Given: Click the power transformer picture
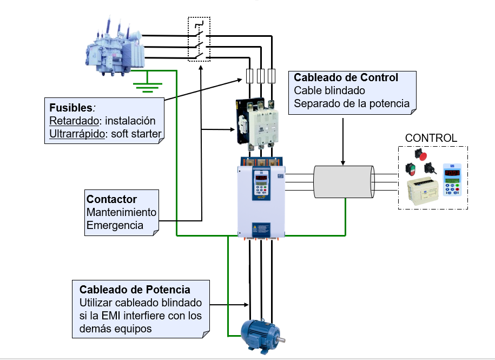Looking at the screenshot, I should (x=115, y=47).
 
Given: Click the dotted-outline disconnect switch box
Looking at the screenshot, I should (x=199, y=39).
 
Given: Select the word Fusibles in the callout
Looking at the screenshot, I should (x=69, y=107).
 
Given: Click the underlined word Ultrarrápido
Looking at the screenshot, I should (x=76, y=134).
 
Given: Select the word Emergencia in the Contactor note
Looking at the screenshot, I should (x=115, y=225).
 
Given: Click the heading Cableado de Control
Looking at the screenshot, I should (x=346, y=77).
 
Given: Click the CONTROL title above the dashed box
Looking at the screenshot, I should (x=431, y=138).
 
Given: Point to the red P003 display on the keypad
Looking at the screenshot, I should (x=452, y=172).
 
